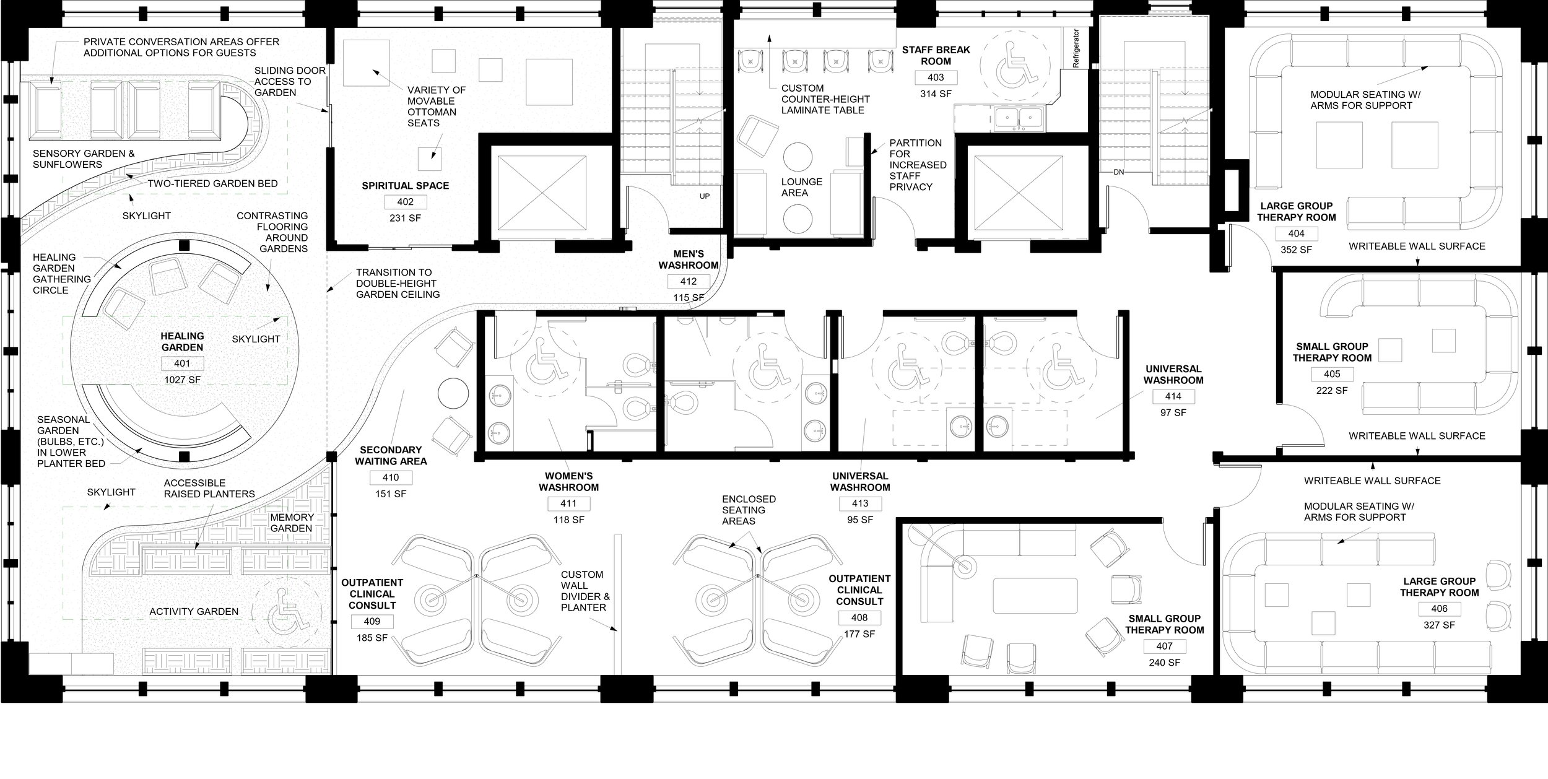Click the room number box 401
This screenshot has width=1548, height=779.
tap(182, 364)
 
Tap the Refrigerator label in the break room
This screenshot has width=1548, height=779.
tap(1076, 48)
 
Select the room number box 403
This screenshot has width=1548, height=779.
tap(936, 77)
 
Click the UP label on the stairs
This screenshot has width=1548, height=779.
tap(705, 196)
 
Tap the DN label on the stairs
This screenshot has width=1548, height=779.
tap(1118, 172)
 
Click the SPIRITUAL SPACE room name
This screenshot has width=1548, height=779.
tap(406, 185)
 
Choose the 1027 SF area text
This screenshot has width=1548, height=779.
tap(182, 380)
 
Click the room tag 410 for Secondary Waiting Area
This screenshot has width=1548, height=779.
tap(391, 477)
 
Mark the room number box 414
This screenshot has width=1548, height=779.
tap(1173, 396)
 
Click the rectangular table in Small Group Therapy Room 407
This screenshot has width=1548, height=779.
tap(1035, 596)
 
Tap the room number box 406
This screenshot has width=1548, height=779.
tap(1440, 609)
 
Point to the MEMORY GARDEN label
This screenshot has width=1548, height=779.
tap(291, 523)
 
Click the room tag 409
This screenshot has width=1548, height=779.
tap(372, 621)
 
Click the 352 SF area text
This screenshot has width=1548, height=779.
tap(1297, 250)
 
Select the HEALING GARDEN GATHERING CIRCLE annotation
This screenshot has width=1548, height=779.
tap(62, 273)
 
